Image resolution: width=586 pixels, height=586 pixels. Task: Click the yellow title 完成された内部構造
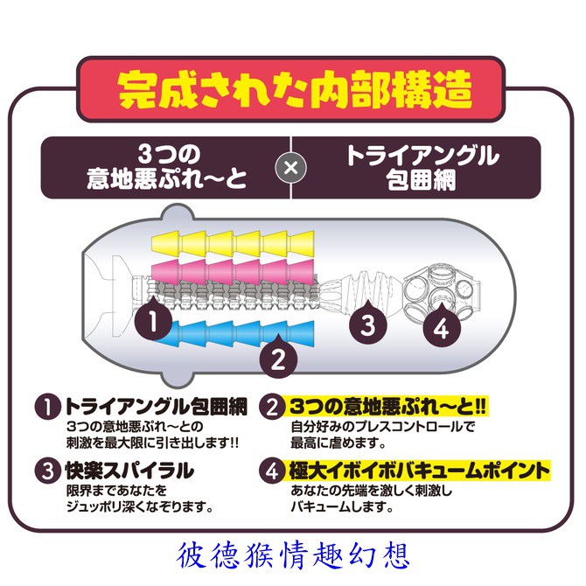295,90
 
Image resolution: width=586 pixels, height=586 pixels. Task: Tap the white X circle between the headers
290,167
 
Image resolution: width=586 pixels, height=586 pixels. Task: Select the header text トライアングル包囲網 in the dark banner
422,167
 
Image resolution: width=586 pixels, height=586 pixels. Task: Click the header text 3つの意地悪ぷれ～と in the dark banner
167,167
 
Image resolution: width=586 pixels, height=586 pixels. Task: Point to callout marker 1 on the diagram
153,319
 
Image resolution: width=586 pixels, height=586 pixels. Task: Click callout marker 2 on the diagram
278,357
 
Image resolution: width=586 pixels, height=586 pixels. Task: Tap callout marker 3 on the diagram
368,324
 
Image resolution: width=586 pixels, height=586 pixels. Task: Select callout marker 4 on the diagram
442,326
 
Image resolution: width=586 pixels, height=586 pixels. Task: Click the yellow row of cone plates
233,244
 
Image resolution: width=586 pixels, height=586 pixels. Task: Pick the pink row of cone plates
233,271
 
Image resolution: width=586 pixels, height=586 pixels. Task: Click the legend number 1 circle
48,407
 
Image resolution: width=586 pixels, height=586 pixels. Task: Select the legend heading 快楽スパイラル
129,471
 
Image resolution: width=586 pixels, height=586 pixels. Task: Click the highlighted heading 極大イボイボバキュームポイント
419,471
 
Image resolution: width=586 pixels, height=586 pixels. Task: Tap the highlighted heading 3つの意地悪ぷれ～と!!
387,406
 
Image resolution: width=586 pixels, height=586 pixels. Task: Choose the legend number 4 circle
272,471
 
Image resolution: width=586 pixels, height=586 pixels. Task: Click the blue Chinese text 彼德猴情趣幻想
293,555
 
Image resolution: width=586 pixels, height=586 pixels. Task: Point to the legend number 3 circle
48,471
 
